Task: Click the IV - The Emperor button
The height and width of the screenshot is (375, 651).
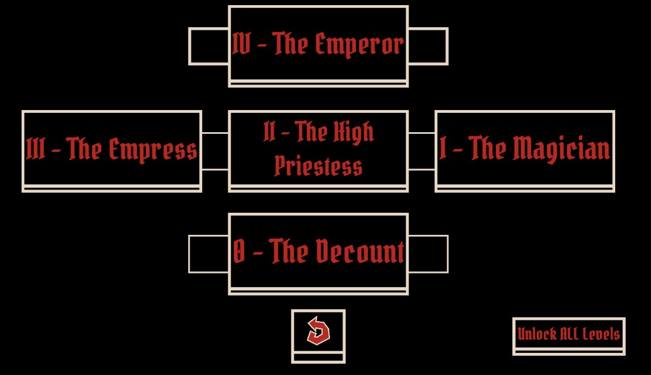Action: click(x=319, y=47)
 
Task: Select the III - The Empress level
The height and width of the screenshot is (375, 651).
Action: click(x=112, y=151)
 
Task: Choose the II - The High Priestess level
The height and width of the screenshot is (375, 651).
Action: click(x=319, y=151)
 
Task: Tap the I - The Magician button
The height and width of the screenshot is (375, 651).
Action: click(x=525, y=151)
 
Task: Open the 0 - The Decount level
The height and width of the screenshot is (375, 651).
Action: click(x=319, y=254)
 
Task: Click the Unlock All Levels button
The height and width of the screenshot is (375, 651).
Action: click(x=569, y=336)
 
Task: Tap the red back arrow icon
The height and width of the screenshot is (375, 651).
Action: click(x=318, y=331)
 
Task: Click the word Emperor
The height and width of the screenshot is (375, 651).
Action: click(x=359, y=45)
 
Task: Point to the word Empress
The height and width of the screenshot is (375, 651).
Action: click(x=153, y=150)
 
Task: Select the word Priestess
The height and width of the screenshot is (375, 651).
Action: click(x=319, y=166)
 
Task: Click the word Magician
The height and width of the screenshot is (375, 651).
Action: click(x=561, y=149)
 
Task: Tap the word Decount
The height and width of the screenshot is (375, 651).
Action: click(x=360, y=251)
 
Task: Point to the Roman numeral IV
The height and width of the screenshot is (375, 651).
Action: click(x=241, y=43)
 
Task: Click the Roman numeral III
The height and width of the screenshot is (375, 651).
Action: click(x=35, y=149)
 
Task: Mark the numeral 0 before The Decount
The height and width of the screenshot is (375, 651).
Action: click(x=239, y=251)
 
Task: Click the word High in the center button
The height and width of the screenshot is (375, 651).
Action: click(x=353, y=132)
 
